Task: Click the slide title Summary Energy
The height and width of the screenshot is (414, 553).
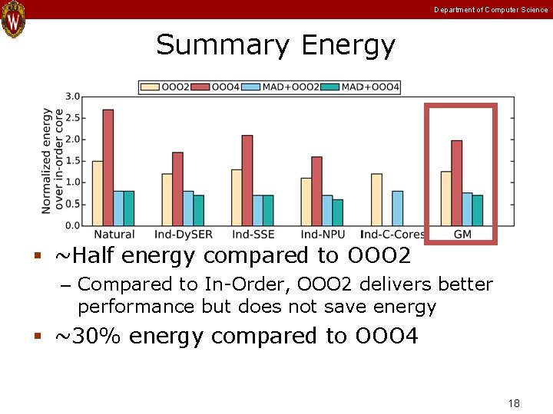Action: [276, 45]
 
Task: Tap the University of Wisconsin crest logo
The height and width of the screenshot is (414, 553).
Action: [14, 19]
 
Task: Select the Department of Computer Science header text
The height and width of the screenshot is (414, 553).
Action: [491, 10]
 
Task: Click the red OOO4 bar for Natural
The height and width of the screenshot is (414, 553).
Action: [108, 167]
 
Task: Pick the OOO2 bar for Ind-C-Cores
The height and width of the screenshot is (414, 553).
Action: [376, 199]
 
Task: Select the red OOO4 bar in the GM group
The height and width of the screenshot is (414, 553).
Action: [456, 182]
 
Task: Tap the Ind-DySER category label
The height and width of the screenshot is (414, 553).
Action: [184, 234]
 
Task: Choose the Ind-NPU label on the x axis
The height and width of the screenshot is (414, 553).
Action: [323, 234]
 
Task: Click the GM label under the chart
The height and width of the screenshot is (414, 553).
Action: [463, 234]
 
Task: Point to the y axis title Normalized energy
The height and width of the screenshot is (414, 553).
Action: [47, 160]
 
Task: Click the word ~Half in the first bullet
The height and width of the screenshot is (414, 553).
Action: [84, 255]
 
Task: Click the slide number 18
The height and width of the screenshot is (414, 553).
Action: [514, 403]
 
